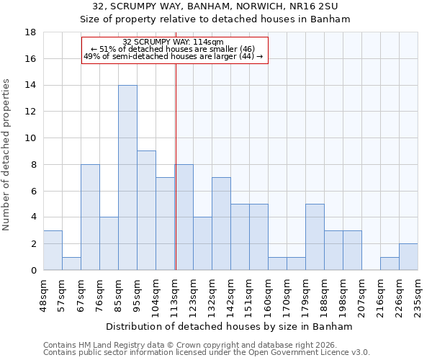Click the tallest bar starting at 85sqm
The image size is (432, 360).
tap(127, 178)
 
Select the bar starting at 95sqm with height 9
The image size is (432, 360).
tap(146, 210)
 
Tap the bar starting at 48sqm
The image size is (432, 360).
tap(53, 250)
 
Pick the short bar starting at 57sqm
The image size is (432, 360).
tap(71, 264)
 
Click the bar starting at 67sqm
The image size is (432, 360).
tap(90, 217)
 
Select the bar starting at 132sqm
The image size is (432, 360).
tap(221, 224)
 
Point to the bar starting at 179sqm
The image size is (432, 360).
tap(315, 237)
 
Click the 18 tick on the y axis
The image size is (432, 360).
tap(31, 32)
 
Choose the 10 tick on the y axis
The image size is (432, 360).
tap(31, 138)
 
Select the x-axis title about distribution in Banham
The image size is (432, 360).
tap(230, 326)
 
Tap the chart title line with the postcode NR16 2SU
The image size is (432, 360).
tap(215, 6)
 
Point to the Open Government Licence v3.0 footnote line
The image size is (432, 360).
tap(207, 353)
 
